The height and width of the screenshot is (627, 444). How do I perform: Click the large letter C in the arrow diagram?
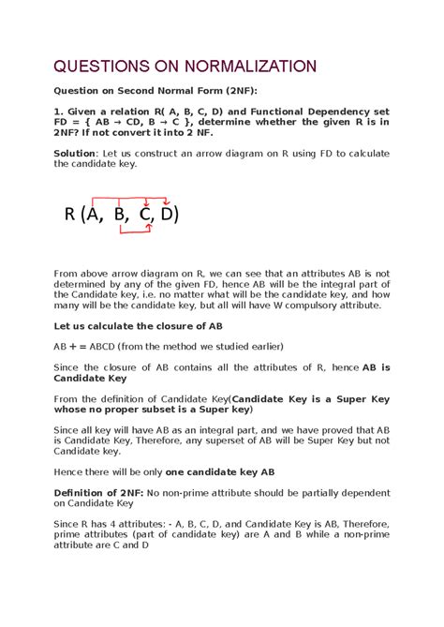coord(146,215)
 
